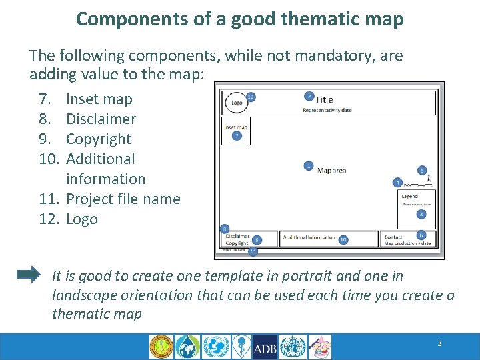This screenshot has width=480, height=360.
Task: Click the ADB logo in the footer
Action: point(265,347)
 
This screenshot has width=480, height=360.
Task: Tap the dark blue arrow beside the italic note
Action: point(28,275)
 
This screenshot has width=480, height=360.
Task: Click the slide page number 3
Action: point(439,343)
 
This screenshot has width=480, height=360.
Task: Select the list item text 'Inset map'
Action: point(99,99)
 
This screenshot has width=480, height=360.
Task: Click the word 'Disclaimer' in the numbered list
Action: point(101,119)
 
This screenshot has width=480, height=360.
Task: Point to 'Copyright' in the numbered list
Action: point(99,139)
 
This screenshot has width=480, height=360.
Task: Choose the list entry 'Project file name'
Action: point(123,199)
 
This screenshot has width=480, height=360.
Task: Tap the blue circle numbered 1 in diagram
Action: point(308,165)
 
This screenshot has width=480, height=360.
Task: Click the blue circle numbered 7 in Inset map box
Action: point(237,136)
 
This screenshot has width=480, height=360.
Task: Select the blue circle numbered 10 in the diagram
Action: point(343,239)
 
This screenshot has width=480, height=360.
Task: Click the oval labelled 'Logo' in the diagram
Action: point(237,103)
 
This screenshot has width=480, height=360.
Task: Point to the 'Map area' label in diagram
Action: point(331,171)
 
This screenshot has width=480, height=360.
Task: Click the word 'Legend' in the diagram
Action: point(409,196)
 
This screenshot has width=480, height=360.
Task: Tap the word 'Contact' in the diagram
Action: point(393,237)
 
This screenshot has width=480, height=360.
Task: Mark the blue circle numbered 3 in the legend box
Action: point(421,214)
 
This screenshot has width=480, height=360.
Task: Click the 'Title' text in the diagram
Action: point(324,100)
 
